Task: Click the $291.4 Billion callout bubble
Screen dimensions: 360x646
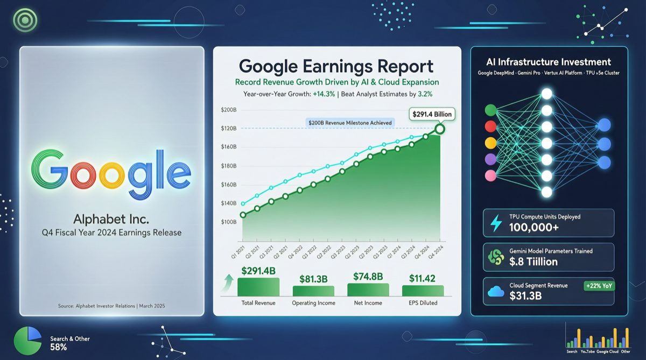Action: [x=432, y=114]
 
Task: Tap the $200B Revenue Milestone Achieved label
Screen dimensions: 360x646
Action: [x=350, y=123]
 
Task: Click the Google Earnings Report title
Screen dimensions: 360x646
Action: [x=336, y=66]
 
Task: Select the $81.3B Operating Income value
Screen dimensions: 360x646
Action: [x=313, y=279]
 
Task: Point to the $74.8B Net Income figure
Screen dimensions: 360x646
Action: [x=368, y=277]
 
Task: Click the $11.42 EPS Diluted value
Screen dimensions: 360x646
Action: [x=423, y=279]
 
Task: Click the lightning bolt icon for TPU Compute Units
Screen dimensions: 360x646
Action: [x=496, y=223]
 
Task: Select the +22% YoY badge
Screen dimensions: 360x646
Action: [x=599, y=286]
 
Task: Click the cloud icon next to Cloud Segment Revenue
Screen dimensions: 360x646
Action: [x=496, y=292]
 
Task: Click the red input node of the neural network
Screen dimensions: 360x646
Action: [x=490, y=126]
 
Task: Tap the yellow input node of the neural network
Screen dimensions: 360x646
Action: [x=490, y=143]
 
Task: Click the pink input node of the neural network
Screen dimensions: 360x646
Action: [x=490, y=175]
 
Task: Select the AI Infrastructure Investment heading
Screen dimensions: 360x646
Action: [x=549, y=62]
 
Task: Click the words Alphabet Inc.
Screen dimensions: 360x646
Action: [x=111, y=220]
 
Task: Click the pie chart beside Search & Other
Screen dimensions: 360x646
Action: [x=27, y=341]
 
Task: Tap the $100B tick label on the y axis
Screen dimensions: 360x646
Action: [x=229, y=222]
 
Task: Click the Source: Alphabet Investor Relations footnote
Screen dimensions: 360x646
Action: [x=111, y=306]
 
